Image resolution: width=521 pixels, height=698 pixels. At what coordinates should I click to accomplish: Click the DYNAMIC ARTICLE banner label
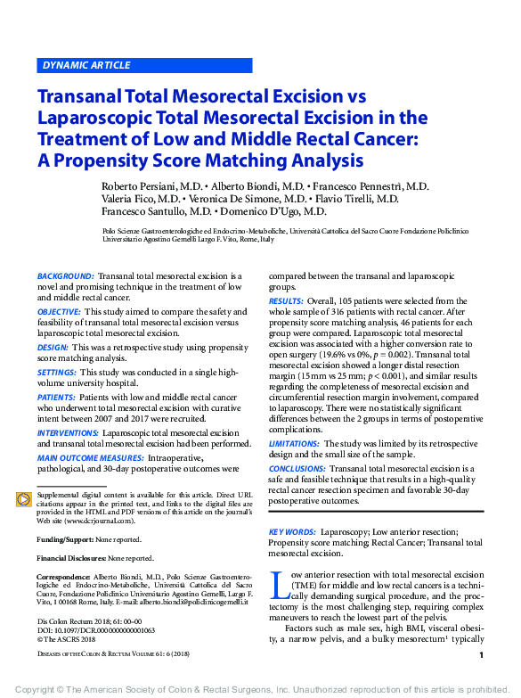click(86, 65)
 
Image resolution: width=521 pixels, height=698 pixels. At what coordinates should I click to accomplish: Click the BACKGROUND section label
click(65, 277)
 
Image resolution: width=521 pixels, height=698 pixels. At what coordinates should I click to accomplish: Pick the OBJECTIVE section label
click(59, 312)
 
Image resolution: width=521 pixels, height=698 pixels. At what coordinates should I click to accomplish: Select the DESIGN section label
click(53, 347)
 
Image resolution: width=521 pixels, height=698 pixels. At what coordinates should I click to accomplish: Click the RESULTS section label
click(285, 302)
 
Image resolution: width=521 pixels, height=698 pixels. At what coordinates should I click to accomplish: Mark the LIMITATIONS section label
click(294, 443)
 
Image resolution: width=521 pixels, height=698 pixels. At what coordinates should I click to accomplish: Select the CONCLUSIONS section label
click(297, 468)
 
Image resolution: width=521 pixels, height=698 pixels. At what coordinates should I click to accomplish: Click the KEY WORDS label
click(292, 531)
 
